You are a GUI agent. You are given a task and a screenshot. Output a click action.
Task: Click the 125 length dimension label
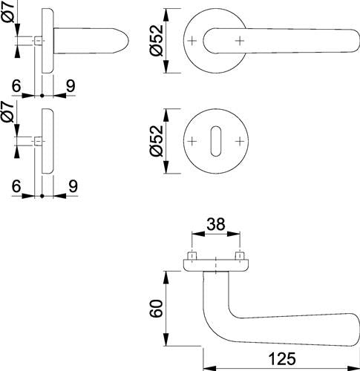pos(282,359)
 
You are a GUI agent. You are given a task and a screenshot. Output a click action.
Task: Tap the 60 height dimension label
pos(157,308)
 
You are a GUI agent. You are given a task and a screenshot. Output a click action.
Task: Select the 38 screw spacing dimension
pos(216,224)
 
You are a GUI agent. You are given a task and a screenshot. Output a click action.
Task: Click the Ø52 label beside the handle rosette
pos(157,40)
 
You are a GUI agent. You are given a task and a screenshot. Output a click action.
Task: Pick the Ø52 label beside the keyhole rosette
pos(157,141)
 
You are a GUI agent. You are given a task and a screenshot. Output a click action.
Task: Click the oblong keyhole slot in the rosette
pos(216,141)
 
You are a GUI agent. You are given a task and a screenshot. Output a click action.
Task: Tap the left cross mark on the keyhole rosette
pos(192,141)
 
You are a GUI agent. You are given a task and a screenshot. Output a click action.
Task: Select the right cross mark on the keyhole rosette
pos(240,141)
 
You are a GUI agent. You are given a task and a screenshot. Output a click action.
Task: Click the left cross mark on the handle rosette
pos(192,41)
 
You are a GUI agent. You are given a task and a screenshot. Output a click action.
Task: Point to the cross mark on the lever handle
pos(240,41)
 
